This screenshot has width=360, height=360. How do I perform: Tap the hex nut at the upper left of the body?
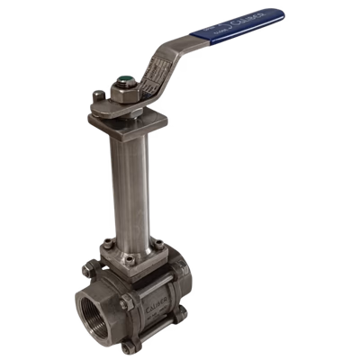(90, 267)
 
